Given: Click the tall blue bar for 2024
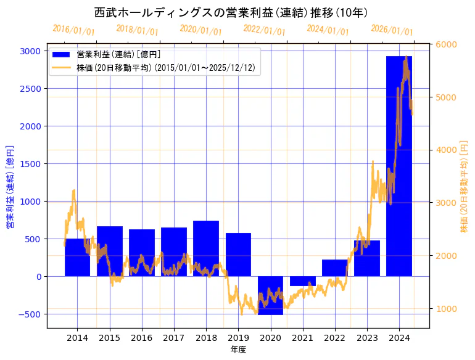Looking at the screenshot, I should [399, 166].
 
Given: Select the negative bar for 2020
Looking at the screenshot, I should [270, 295].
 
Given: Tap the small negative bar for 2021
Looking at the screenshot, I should [302, 281].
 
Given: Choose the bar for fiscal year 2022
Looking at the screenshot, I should [334, 268].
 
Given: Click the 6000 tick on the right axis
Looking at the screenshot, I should [446, 45].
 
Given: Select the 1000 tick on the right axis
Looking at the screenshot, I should [446, 308].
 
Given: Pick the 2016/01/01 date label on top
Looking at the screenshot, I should [73, 30].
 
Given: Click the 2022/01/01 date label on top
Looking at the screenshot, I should [264, 30].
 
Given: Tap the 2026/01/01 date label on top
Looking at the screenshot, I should [392, 30].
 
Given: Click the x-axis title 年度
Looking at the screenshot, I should [238, 350].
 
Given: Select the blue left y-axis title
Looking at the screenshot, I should [10, 187].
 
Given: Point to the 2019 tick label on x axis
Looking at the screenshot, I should [238, 338].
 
